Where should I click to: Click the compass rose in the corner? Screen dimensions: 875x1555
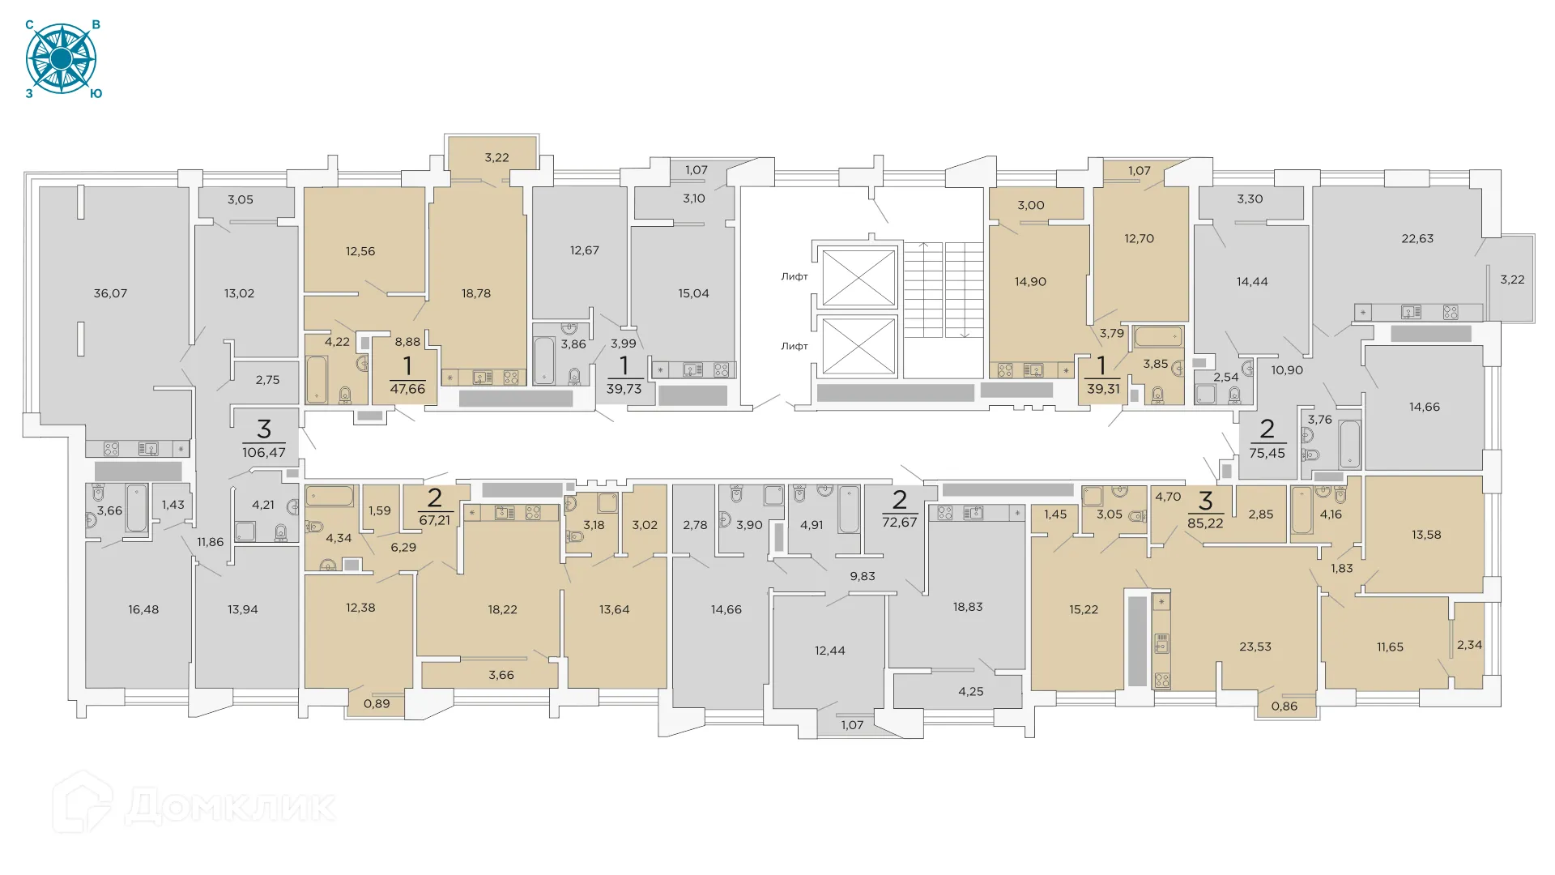[62, 59]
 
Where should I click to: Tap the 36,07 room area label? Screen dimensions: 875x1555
[110, 293]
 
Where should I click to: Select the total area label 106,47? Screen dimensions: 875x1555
[264, 453]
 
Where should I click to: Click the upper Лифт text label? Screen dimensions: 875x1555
[795, 276]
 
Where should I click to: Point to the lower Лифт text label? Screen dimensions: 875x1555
[795, 346]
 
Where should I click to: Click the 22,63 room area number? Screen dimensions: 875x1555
[1417, 238]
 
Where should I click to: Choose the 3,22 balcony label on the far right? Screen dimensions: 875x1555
[1512, 280]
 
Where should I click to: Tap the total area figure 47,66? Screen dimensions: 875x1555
[407, 389]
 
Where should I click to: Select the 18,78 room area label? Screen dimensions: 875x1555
[476, 293]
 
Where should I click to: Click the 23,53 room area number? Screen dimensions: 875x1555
[1255, 647]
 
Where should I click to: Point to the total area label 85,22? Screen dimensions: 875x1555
[1205, 523]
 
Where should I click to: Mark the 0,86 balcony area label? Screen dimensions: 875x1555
[1284, 706]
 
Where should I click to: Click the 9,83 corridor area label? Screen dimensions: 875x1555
[863, 576]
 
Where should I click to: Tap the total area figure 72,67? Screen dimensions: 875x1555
[900, 522]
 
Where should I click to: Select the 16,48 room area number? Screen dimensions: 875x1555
[143, 609]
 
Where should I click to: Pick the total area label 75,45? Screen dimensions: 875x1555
[1267, 453]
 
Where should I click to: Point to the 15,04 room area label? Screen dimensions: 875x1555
[693, 293]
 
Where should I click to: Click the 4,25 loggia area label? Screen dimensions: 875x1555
[971, 691]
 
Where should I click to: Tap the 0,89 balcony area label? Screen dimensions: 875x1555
[377, 703]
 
